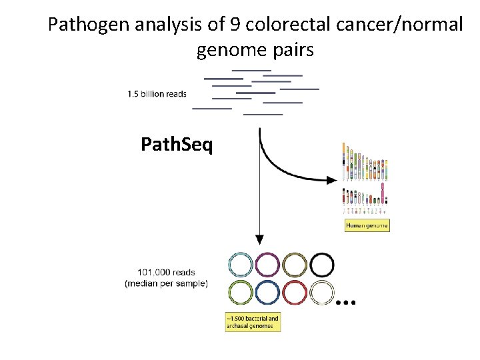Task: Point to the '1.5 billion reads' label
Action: (x=157, y=94)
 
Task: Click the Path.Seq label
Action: (x=177, y=143)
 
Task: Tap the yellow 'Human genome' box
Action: (x=367, y=225)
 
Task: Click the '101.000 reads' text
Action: (x=166, y=272)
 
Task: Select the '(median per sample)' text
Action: (x=166, y=283)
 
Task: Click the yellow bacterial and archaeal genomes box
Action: (x=253, y=323)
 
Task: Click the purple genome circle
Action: (x=267, y=265)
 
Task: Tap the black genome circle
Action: (x=322, y=265)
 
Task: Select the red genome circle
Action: (x=295, y=293)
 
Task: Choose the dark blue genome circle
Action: (x=267, y=293)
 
